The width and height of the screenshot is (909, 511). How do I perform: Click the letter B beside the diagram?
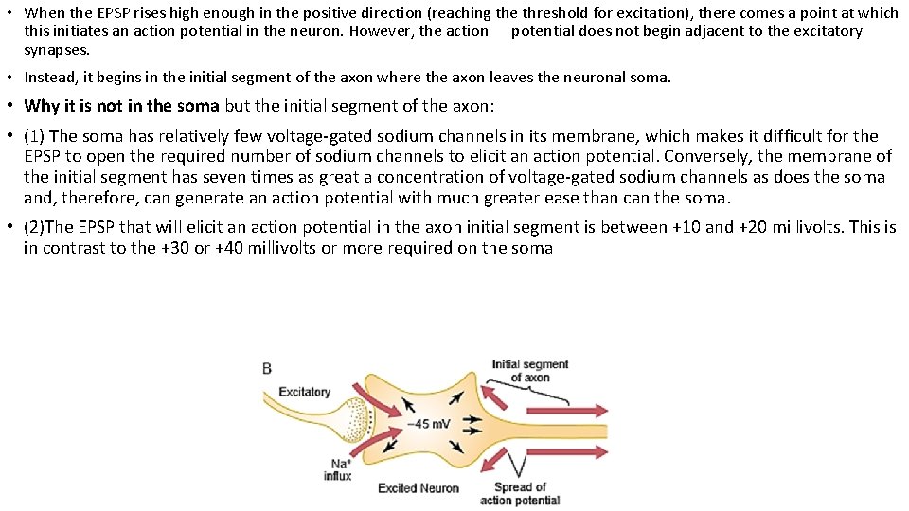[x=268, y=368]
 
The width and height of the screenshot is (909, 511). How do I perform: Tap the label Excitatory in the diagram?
[x=304, y=392]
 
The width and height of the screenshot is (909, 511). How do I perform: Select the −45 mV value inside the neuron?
[x=429, y=423]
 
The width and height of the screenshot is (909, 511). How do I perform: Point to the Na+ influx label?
[x=337, y=469]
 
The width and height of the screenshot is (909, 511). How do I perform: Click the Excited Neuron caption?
[x=419, y=488]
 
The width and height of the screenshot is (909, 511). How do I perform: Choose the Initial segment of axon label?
[x=530, y=370]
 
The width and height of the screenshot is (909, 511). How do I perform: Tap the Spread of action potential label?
[x=520, y=493]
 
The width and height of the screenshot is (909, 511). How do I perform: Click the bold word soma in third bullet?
[x=198, y=106]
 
